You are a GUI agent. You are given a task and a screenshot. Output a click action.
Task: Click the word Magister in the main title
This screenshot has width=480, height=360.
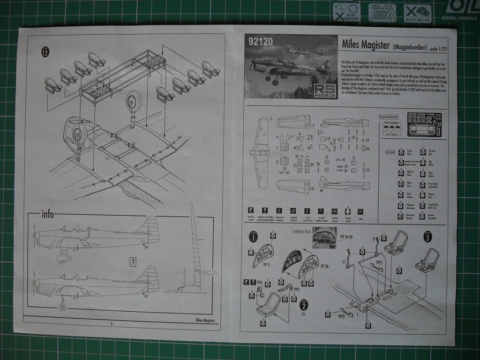[372, 45]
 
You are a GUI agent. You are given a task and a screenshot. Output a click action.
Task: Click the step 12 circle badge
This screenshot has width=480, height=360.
[45, 52]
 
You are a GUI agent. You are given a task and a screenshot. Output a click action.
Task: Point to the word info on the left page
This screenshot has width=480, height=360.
[48, 215]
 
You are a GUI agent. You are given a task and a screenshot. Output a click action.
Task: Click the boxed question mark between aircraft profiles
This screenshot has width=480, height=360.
[133, 262]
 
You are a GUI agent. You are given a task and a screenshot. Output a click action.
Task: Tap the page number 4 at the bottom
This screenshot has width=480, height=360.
[111, 323]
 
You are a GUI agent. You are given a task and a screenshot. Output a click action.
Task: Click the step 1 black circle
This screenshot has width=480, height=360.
[253, 237]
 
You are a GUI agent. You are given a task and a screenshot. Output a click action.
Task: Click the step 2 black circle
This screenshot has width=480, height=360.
[304, 305]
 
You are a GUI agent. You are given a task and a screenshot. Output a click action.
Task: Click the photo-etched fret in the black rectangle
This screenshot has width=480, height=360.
[424, 124]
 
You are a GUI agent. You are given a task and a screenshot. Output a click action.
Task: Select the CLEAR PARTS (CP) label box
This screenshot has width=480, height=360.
[388, 116]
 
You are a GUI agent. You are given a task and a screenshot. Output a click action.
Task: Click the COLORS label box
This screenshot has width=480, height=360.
[390, 152]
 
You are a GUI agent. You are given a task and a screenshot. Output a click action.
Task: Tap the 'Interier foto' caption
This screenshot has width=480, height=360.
[301, 232]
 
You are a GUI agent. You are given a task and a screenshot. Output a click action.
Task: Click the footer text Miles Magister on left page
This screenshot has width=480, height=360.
[205, 320]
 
